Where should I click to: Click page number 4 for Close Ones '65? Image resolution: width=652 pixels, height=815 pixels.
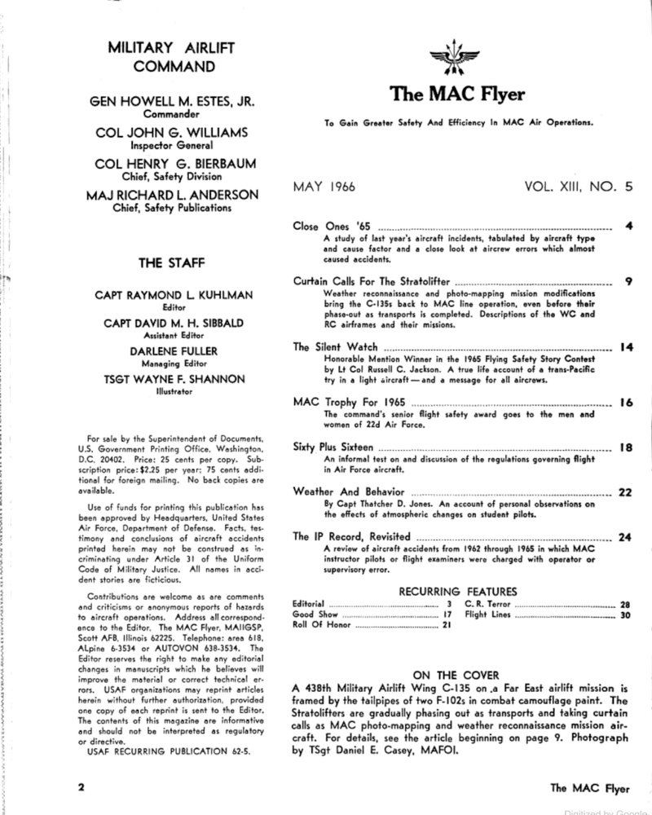628,223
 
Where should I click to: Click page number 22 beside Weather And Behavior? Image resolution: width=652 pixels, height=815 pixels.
626,491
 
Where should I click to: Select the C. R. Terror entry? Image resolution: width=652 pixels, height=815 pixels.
489,604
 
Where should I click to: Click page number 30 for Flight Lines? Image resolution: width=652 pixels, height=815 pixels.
626,615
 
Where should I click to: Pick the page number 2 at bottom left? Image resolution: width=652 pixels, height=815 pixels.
82,788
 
